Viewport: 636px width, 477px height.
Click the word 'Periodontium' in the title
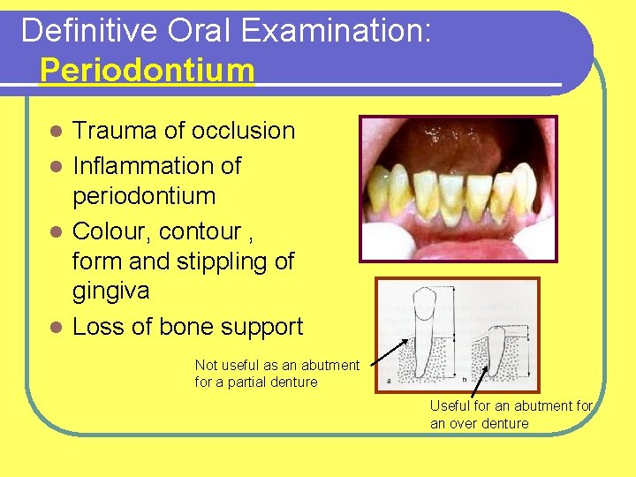tap(147, 71)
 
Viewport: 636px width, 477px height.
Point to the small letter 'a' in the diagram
tap(388, 381)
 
